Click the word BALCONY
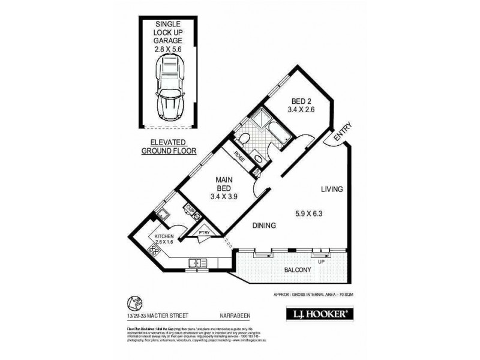pos(296,271)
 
